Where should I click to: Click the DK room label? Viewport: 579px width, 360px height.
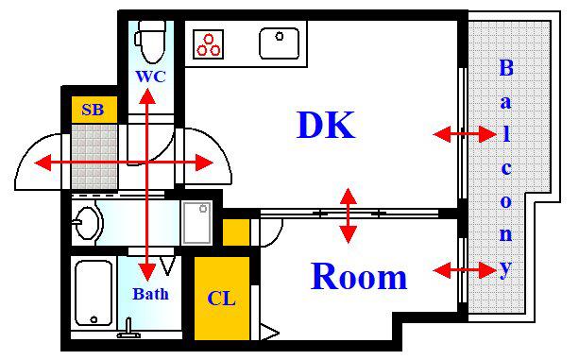pyautogui.click(x=326, y=125)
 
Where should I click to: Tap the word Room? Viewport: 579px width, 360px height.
pyautogui.click(x=359, y=277)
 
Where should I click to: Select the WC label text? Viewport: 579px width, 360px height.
pyautogui.click(x=151, y=77)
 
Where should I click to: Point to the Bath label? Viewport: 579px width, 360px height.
pyautogui.click(x=151, y=294)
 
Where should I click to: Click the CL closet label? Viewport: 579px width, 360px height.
pyautogui.click(x=222, y=299)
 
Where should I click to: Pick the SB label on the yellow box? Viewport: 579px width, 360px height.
pyautogui.click(x=93, y=110)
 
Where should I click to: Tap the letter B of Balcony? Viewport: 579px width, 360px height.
pyautogui.click(x=506, y=68)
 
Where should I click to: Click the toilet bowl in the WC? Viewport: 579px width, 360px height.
pyautogui.click(x=150, y=42)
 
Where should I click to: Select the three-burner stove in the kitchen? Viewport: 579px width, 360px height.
pyautogui.click(x=208, y=44)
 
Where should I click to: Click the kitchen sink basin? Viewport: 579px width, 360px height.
pyautogui.click(x=280, y=43)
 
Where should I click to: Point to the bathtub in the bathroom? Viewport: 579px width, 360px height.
pyautogui.click(x=94, y=293)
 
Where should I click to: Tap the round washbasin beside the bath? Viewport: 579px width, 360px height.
pyautogui.click(x=87, y=223)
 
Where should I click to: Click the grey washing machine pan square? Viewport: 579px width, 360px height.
pyautogui.click(x=196, y=223)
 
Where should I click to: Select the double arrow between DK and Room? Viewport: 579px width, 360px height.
pyautogui.click(x=349, y=215)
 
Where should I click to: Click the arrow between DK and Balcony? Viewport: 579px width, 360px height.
pyautogui.click(x=465, y=134)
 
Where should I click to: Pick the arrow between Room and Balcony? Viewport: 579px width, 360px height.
pyautogui.click(x=465, y=270)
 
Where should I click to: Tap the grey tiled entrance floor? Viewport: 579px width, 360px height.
pyautogui.click(x=94, y=157)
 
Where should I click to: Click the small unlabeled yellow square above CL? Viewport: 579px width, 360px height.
pyautogui.click(x=236, y=232)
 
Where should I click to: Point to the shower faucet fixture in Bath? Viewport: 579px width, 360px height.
pyautogui.click(x=128, y=329)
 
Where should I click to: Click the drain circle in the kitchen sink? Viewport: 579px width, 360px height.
pyautogui.click(x=280, y=36)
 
